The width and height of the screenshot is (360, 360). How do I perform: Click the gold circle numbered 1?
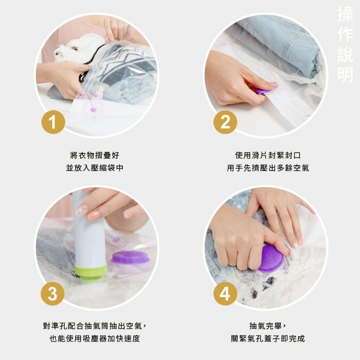point(54,122)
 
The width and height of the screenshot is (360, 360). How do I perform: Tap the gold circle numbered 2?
point(225,122)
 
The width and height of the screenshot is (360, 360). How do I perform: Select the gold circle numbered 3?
point(53,293)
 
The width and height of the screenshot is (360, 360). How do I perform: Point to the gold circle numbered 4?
point(225,293)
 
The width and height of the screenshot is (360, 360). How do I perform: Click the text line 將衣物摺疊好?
point(94,155)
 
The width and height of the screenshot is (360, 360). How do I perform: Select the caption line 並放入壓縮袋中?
point(94,168)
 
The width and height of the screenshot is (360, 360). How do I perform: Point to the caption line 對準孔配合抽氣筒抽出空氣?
point(94,326)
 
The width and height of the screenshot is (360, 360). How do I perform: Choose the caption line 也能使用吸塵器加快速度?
point(94,338)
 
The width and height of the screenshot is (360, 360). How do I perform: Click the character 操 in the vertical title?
point(345,14)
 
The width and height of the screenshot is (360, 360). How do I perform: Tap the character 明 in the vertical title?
point(345,75)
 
